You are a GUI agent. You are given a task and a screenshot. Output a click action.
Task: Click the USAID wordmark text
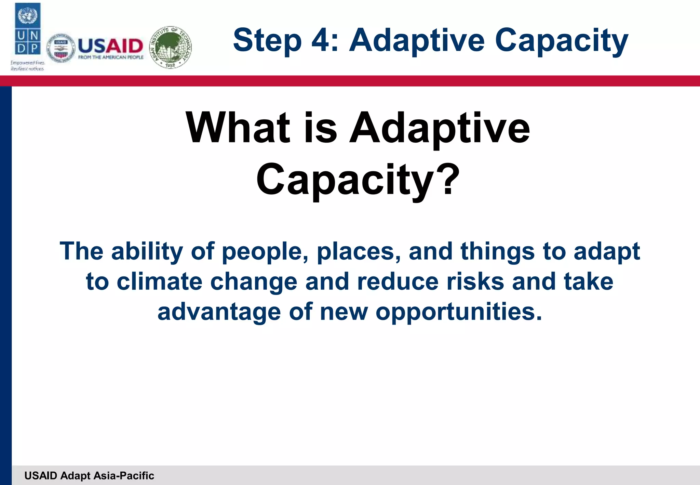click(x=110, y=45)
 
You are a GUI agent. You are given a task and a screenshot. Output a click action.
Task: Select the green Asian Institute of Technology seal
click(x=171, y=47)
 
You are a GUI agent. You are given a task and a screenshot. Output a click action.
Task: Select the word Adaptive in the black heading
click(x=440, y=128)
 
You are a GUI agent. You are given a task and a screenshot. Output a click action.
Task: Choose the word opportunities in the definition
click(x=459, y=313)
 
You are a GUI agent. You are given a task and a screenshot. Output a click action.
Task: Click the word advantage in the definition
click(x=219, y=313)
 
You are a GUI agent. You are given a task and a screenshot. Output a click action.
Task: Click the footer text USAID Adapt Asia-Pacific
click(x=89, y=476)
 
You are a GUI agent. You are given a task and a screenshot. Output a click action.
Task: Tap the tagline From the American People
click(x=111, y=57)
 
